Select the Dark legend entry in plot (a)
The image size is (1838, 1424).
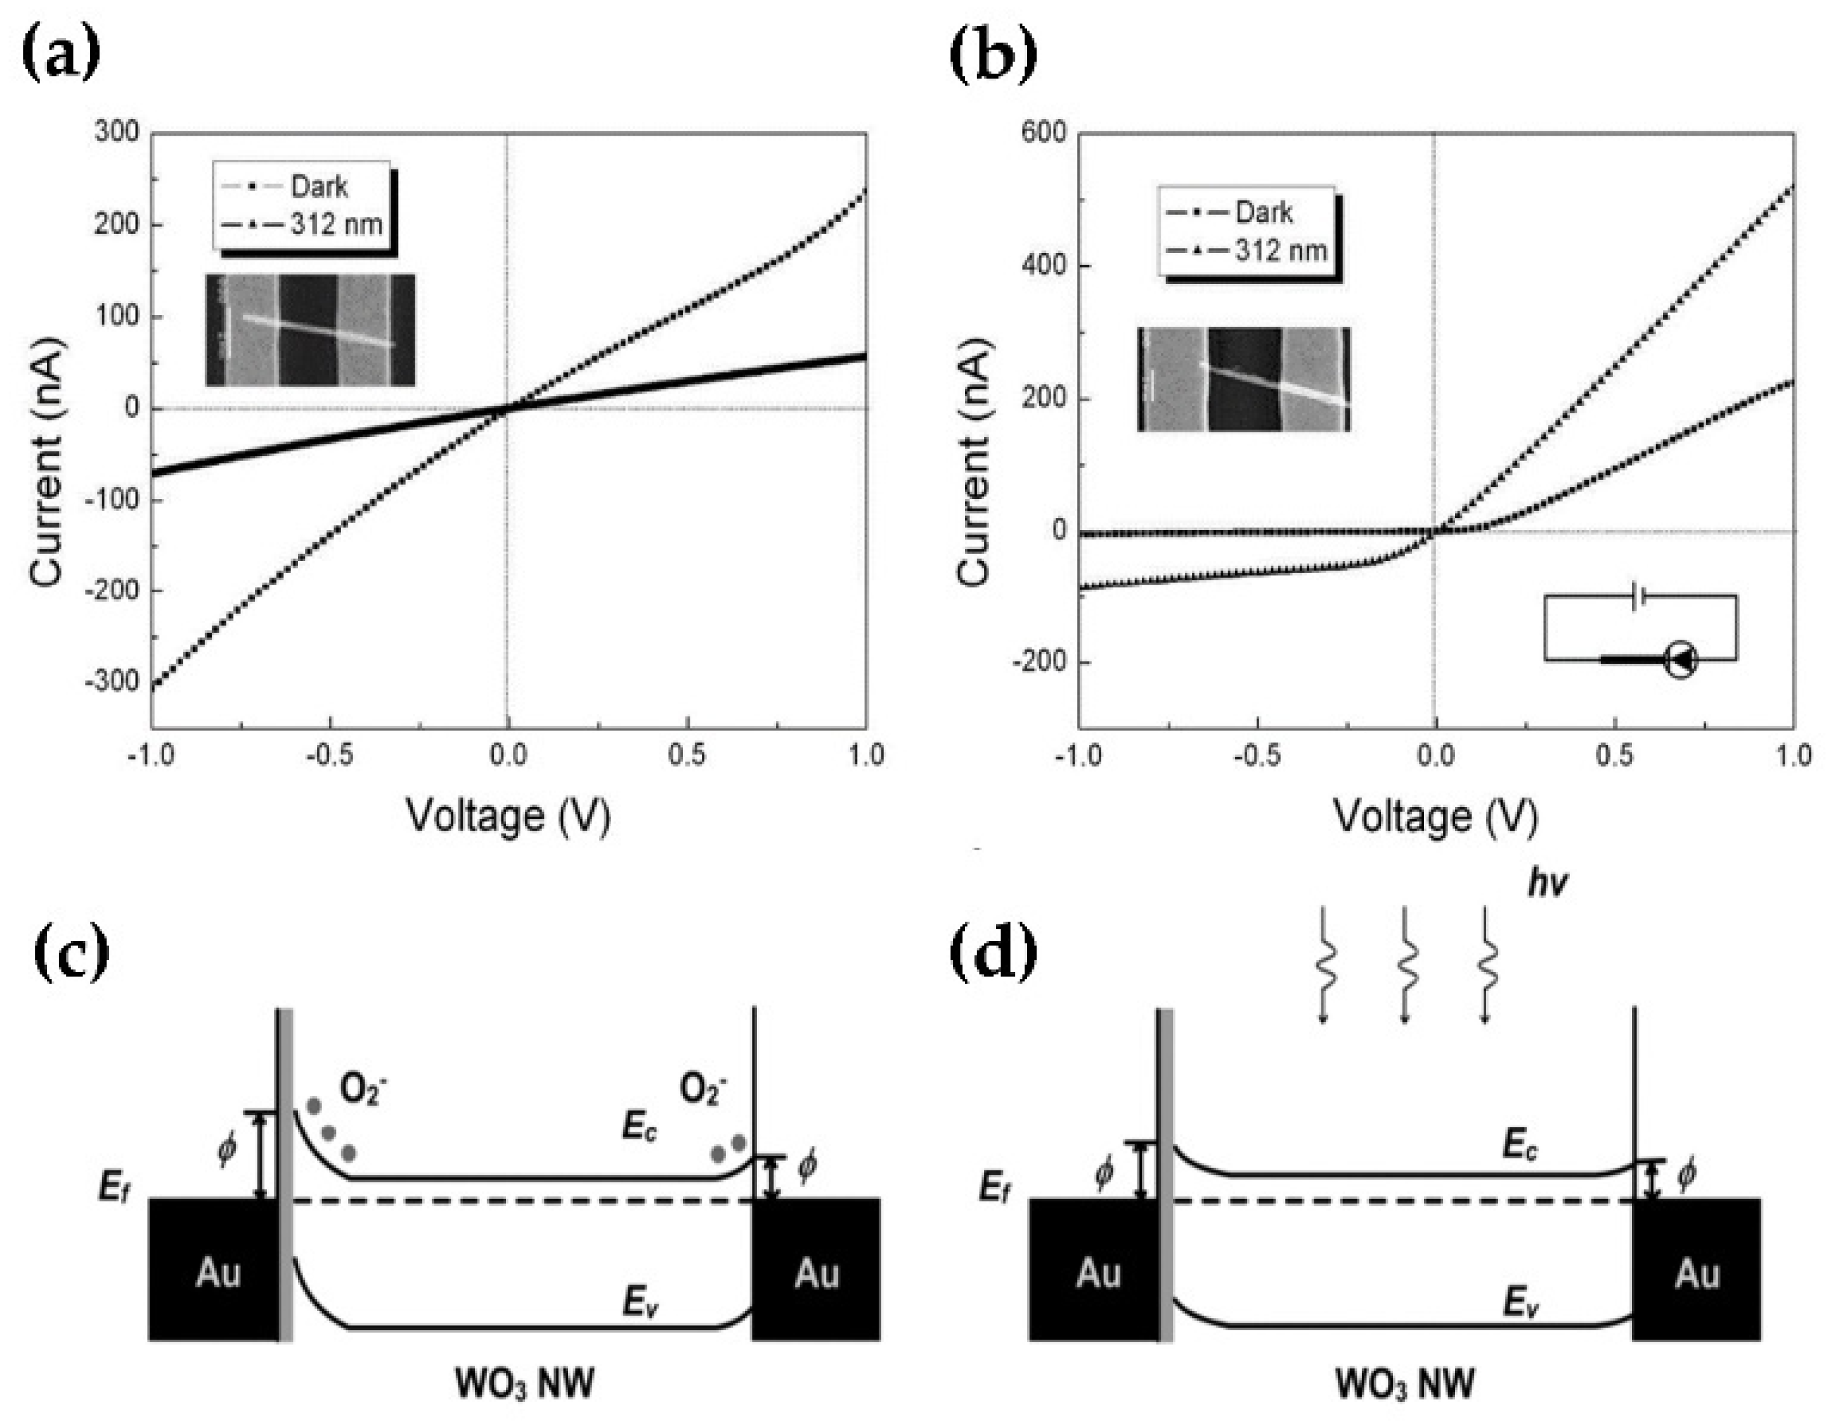(318, 186)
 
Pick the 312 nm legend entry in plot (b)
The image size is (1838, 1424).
(1280, 250)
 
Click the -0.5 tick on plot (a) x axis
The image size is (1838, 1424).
(329, 755)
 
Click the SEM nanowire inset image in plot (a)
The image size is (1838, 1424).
(309, 330)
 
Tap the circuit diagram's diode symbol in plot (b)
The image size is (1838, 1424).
(1681, 661)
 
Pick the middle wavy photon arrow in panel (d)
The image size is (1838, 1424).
(1404, 964)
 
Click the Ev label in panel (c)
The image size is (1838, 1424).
(640, 1303)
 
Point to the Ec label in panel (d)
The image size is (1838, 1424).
(1520, 1146)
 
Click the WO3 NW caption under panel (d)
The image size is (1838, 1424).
(1404, 1383)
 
